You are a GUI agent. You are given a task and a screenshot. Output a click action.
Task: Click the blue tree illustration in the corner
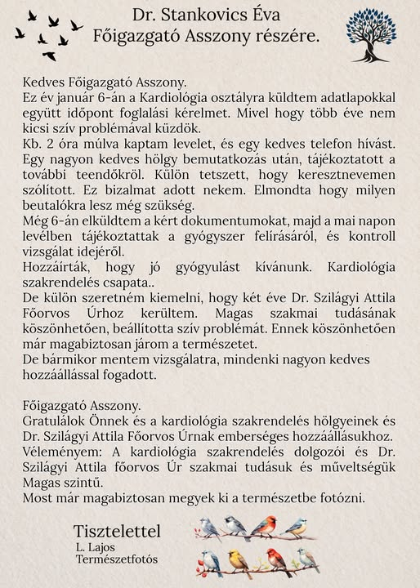[x=369, y=36]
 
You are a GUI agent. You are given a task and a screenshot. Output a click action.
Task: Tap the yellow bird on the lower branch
[x=239, y=562]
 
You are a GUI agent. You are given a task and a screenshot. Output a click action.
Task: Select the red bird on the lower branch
[x=279, y=561]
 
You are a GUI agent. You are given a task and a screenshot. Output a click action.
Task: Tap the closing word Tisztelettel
[x=117, y=532]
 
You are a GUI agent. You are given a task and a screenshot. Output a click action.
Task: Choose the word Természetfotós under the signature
[x=117, y=559]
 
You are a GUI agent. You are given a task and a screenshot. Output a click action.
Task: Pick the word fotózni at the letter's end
[x=341, y=497]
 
